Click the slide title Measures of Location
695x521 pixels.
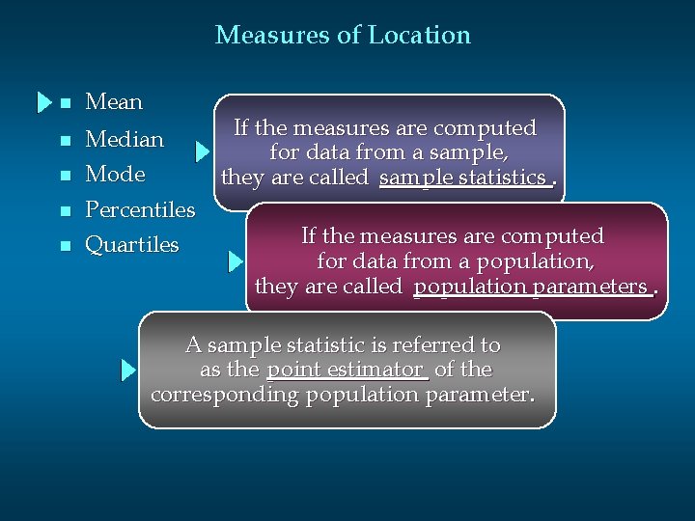pyautogui.click(x=343, y=36)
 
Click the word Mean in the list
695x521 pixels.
pyautogui.click(x=114, y=101)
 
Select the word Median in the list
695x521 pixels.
pyautogui.click(x=125, y=139)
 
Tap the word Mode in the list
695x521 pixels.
pyautogui.click(x=115, y=175)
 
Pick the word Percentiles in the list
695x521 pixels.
pyautogui.click(x=140, y=209)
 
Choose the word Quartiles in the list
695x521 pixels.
pyautogui.click(x=132, y=245)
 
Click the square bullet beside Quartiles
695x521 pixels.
pyautogui.click(x=66, y=246)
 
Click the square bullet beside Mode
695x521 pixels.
pyautogui.click(x=66, y=176)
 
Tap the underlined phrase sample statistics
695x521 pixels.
pyautogui.click(x=463, y=178)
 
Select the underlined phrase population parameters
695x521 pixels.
pyautogui.click(x=530, y=287)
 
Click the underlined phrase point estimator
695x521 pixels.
pyautogui.click(x=345, y=370)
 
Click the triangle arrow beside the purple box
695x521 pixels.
pyautogui.click(x=202, y=151)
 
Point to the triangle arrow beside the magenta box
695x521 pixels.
pyautogui.click(x=236, y=260)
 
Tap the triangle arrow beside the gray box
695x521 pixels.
pyautogui.click(x=128, y=370)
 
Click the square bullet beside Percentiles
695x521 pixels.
pyautogui.click(x=66, y=210)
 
